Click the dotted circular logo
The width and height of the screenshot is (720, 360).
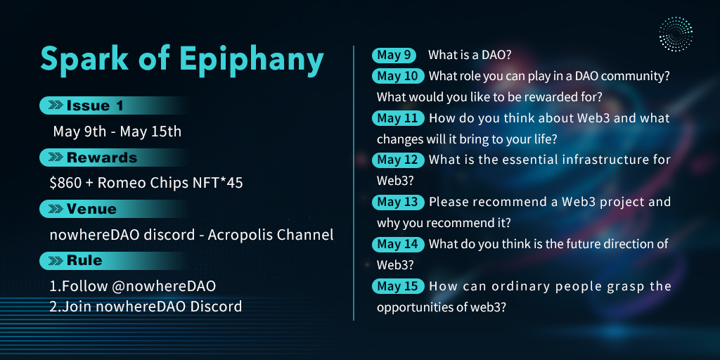click(676, 34)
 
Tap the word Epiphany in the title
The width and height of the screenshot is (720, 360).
click(252, 60)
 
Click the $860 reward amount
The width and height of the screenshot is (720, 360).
click(65, 184)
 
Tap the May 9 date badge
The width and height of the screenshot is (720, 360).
click(394, 56)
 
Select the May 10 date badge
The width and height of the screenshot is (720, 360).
click(398, 76)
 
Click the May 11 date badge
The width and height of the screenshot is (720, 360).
click(398, 118)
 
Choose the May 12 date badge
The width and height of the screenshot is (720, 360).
click(398, 160)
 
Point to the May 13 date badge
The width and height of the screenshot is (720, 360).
click(398, 202)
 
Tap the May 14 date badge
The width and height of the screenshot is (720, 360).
click(398, 244)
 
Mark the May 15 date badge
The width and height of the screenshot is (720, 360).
click(398, 287)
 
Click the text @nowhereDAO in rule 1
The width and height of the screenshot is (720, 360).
click(164, 287)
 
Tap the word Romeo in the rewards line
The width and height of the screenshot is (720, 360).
click(117, 184)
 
